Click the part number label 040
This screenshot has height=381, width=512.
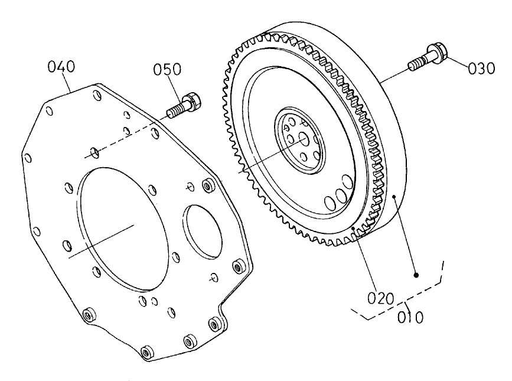pyautogui.click(x=61, y=67)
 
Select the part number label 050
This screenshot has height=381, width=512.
pyautogui.click(x=167, y=70)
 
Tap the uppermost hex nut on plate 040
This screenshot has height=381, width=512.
pyautogui.click(x=207, y=186)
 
